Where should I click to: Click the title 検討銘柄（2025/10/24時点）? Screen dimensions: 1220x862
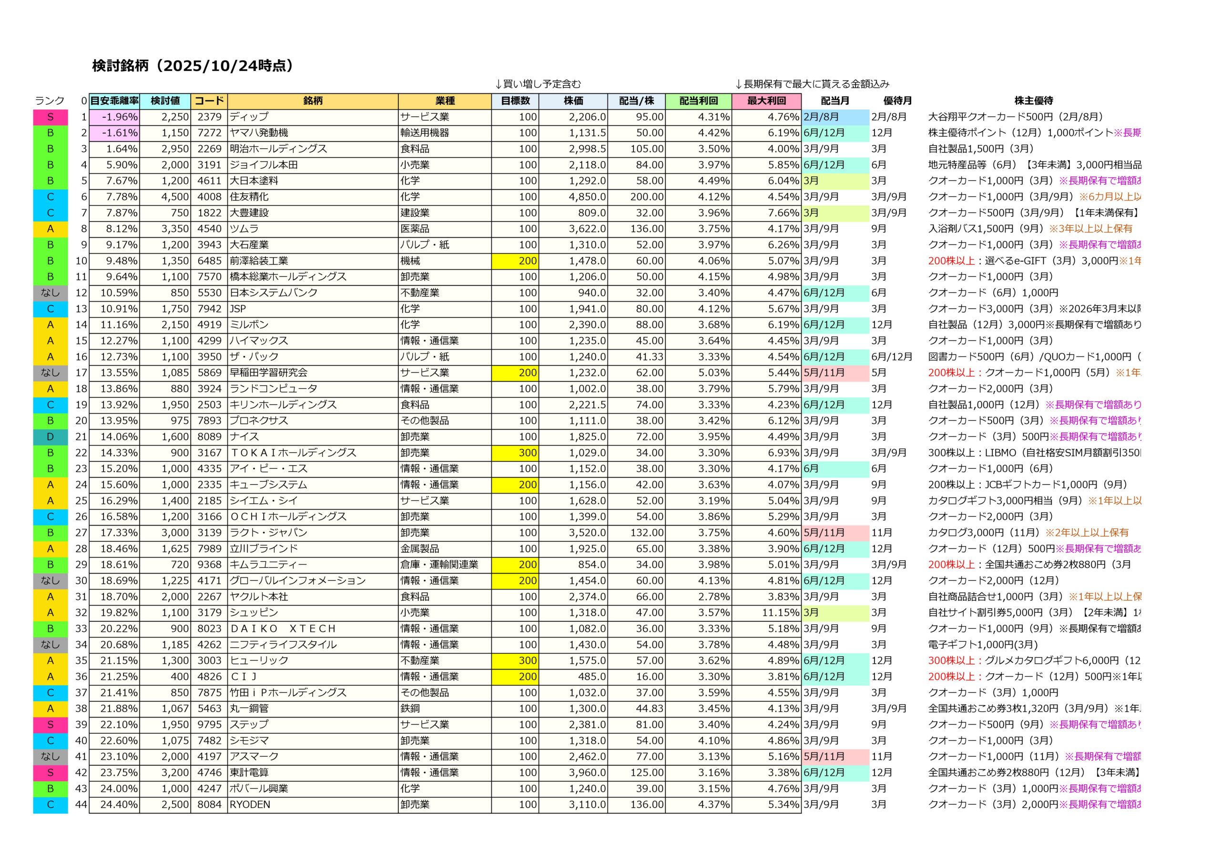click(x=193, y=66)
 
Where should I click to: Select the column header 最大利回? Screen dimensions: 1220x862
click(x=766, y=101)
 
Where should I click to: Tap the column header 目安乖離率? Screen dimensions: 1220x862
click(x=114, y=101)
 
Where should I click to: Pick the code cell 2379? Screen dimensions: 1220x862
click(x=209, y=117)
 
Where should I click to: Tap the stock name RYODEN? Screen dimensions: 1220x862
click(x=250, y=805)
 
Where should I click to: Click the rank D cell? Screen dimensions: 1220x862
click(x=51, y=437)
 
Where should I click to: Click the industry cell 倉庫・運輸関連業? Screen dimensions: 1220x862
click(x=439, y=564)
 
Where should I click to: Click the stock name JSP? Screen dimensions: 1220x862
click(x=238, y=309)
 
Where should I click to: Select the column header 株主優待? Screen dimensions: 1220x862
click(x=1033, y=101)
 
